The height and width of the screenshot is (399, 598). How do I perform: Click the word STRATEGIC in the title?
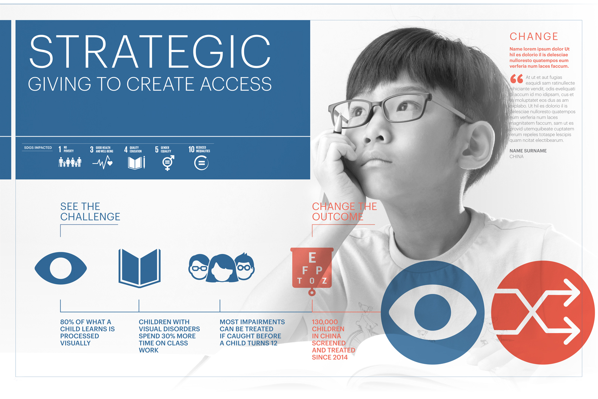150,51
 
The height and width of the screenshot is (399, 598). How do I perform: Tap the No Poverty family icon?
70,162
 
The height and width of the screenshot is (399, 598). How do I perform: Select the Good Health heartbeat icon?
102,162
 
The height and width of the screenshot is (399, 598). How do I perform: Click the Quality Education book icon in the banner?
136,163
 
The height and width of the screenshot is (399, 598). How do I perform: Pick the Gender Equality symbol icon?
168,163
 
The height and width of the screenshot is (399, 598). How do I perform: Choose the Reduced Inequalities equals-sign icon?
201,163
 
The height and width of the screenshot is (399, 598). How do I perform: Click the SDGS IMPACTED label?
38,147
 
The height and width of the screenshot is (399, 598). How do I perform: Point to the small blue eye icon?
61,268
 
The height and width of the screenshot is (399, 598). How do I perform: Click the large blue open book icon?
139,268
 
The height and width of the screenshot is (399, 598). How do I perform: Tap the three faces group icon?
222,267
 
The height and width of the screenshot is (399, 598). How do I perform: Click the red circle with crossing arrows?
543,313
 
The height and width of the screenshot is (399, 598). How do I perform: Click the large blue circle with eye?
432,313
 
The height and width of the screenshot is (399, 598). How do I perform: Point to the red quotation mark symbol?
517,79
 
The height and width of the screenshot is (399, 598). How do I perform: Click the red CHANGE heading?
534,36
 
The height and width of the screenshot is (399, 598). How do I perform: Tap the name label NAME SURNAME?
528,151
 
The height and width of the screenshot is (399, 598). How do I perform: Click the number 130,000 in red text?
325,322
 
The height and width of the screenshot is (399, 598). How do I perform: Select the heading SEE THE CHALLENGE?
90,211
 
